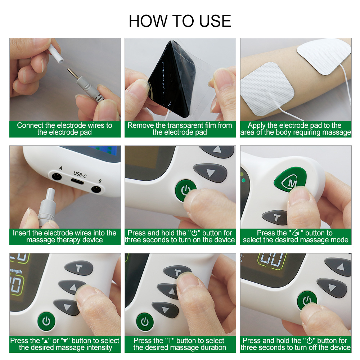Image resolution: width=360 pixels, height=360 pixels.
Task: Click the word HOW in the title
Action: point(148,21)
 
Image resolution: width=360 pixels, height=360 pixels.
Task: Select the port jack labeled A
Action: point(57,177)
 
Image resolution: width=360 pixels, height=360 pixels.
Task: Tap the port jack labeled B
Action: point(96,189)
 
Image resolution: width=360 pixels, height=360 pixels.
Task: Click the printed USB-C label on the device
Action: point(80,174)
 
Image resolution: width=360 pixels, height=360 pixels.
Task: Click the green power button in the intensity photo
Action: point(46,321)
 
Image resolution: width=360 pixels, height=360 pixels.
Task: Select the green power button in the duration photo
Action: point(145,321)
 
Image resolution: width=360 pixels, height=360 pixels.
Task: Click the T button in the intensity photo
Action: point(78,268)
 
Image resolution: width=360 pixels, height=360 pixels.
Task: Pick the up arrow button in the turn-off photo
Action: point(338,266)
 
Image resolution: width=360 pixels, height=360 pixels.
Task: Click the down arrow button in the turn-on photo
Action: point(210,173)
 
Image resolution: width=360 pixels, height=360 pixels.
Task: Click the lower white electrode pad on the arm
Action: point(267,89)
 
